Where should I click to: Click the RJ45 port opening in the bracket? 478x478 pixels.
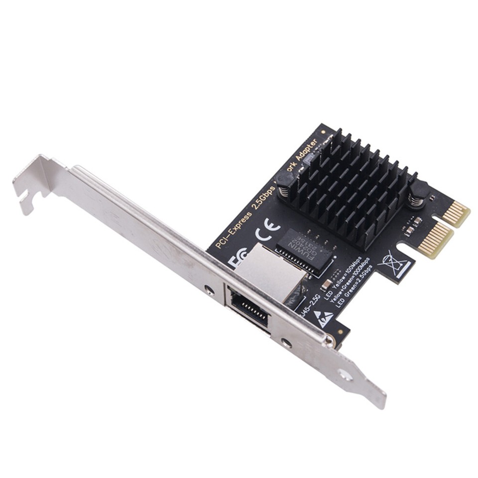248,308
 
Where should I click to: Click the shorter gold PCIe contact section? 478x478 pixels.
456,213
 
